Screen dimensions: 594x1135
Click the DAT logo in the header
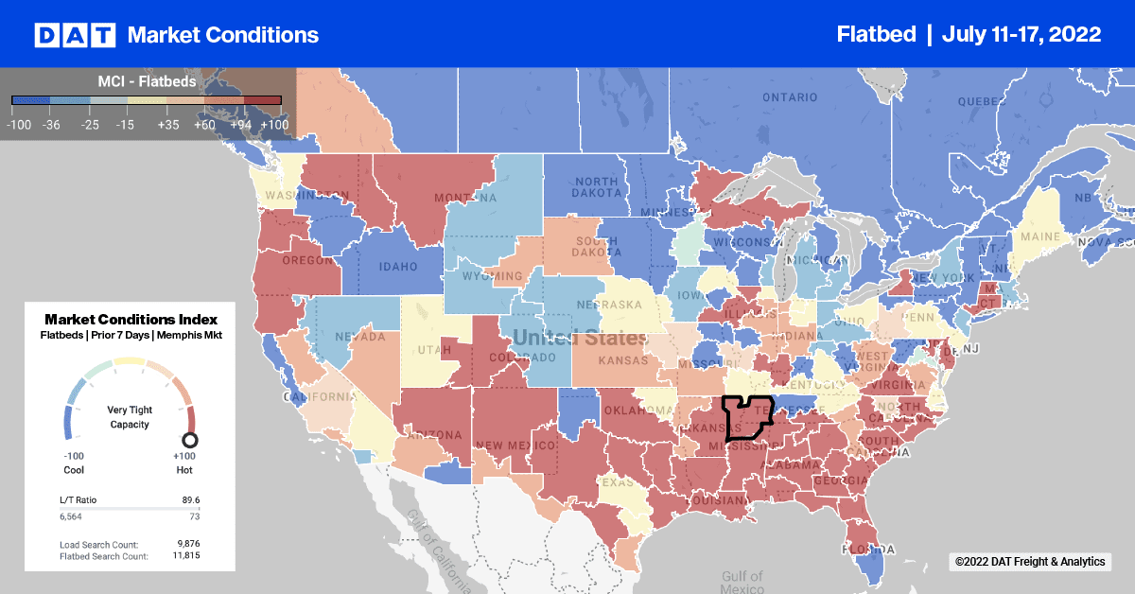tap(75, 35)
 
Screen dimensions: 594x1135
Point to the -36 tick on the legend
tap(51, 124)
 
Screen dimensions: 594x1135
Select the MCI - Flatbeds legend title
tap(147, 82)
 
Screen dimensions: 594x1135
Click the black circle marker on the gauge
tap(190, 439)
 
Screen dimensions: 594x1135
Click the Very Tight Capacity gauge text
tap(130, 416)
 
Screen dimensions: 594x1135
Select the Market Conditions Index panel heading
tap(131, 320)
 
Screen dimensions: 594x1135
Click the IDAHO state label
tap(398, 267)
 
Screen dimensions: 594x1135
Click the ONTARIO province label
tap(789, 97)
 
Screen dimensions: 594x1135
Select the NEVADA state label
tap(359, 337)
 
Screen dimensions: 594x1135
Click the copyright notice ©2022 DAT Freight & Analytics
tap(1029, 562)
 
